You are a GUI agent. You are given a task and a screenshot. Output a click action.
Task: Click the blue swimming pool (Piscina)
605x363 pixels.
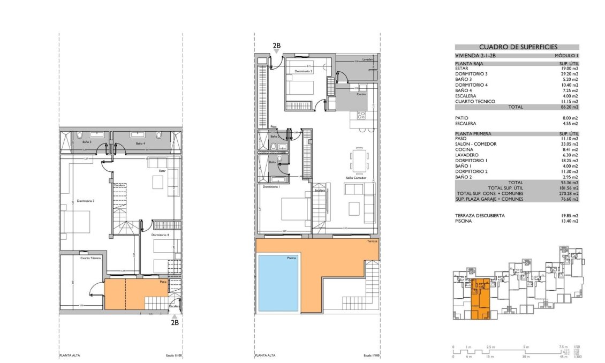tap(278, 282)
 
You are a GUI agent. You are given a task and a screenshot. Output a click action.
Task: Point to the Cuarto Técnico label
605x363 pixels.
tap(91, 258)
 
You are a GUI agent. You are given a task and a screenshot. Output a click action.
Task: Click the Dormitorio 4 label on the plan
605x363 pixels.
tap(160, 236)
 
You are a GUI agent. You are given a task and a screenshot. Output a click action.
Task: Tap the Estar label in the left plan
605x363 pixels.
tap(163, 171)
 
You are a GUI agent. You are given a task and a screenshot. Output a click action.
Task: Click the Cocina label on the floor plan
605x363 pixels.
tap(361, 94)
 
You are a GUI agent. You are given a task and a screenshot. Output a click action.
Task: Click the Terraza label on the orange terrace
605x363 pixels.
tap(372, 242)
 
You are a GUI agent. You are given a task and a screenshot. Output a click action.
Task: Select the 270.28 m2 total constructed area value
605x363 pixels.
tap(568, 193)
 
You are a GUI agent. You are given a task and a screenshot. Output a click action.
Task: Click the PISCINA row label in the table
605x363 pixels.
tap(464, 221)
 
